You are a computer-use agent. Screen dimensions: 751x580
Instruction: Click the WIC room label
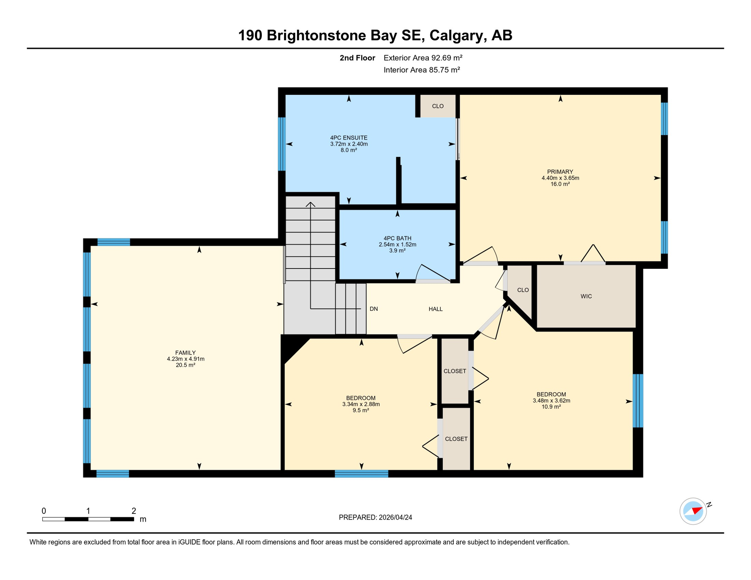pyautogui.click(x=586, y=296)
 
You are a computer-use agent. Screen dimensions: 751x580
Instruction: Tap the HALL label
pyautogui.click(x=436, y=309)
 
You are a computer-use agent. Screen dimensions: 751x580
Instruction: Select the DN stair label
pyautogui.click(x=374, y=309)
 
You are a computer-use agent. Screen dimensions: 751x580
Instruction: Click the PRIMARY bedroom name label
pyautogui.click(x=560, y=172)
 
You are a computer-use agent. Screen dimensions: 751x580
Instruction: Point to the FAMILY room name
pyautogui.click(x=185, y=353)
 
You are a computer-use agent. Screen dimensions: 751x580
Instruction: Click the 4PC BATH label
pyautogui.click(x=397, y=239)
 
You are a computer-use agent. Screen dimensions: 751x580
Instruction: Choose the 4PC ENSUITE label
pyautogui.click(x=349, y=138)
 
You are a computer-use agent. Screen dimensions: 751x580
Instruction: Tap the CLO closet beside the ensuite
pyautogui.click(x=438, y=106)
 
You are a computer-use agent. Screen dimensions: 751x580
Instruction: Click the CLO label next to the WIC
pyautogui.click(x=523, y=290)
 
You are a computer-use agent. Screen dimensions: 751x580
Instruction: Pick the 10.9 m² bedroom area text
pyautogui.click(x=551, y=407)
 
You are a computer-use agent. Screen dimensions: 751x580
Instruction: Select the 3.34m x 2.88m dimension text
pyautogui.click(x=361, y=404)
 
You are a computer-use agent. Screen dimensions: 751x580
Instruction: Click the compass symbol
pyautogui.click(x=693, y=511)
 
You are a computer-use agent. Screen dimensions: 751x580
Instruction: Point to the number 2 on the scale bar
pyautogui.click(x=134, y=511)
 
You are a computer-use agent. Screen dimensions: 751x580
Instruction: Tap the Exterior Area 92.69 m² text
pyautogui.click(x=423, y=58)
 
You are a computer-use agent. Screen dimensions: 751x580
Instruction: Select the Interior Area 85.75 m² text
pyautogui.click(x=422, y=70)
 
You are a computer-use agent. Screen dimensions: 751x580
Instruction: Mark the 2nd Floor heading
pyautogui.click(x=357, y=58)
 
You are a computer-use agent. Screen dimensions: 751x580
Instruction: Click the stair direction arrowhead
pyautogui.click(x=311, y=204)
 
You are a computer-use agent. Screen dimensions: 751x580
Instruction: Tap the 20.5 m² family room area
pyautogui.click(x=185, y=366)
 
